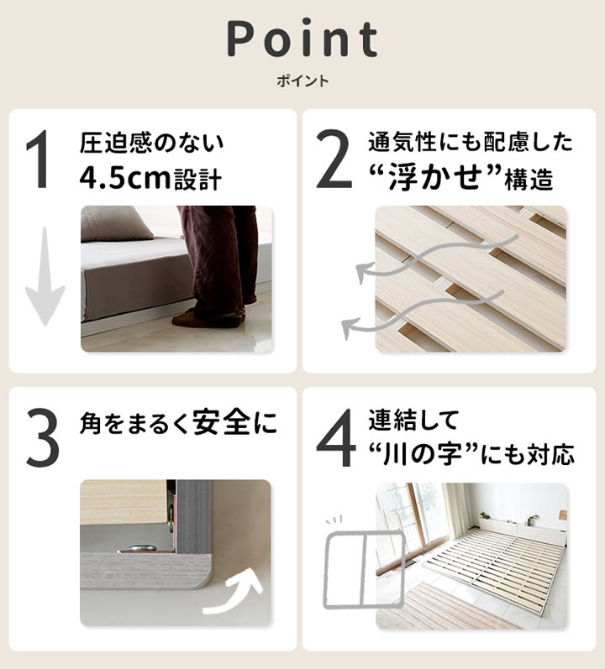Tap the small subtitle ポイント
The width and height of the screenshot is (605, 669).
(x=302, y=81)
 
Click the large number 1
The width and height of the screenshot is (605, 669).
(x=40, y=161)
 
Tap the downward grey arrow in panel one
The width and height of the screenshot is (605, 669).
(x=44, y=285)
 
